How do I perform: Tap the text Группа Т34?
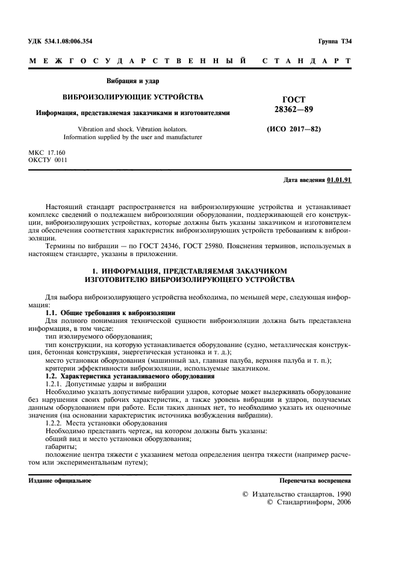(335, 42)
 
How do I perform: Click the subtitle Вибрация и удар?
(132, 81)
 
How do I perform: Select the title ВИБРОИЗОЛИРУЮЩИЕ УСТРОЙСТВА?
(133, 96)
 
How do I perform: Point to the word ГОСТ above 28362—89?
(294, 99)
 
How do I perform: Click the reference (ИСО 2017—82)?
(293, 130)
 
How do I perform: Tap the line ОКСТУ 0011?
(48, 160)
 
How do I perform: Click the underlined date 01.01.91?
(340, 180)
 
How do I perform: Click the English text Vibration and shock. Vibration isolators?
(133, 129)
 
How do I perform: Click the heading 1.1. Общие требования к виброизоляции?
(110, 313)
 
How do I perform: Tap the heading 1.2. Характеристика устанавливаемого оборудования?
(130, 376)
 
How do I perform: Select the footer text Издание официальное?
(60, 480)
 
